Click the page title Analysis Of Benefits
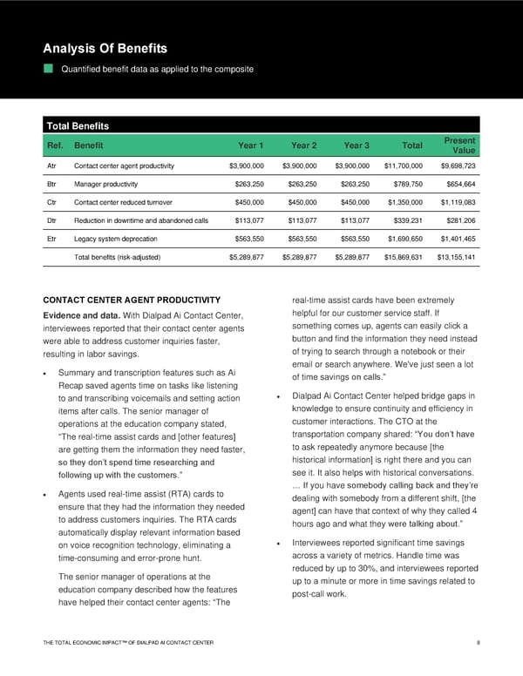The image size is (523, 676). (105, 48)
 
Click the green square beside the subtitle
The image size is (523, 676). (50, 69)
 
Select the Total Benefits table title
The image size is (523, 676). (78, 126)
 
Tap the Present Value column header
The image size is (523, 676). (458, 145)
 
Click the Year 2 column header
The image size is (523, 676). (303, 145)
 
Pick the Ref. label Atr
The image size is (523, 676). (52, 166)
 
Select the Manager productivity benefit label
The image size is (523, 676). (109, 184)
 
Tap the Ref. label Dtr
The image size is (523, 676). (52, 220)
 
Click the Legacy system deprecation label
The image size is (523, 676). (116, 238)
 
